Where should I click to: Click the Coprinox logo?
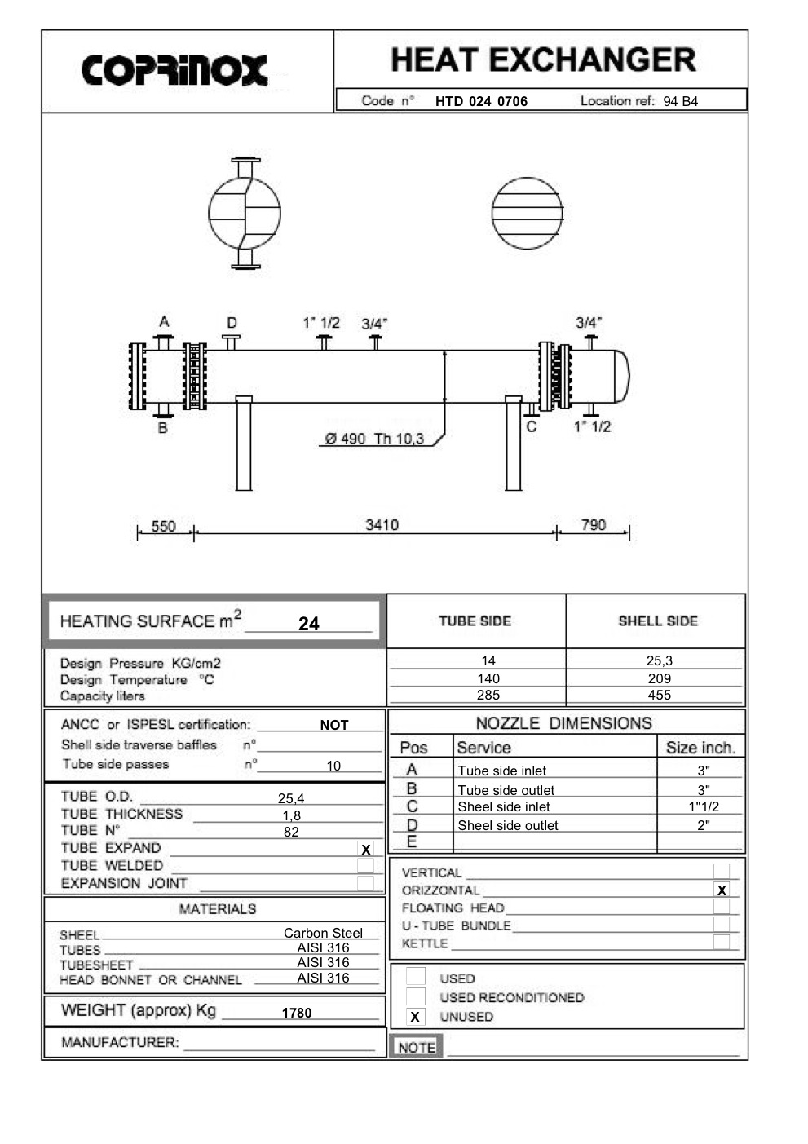[x=174, y=71]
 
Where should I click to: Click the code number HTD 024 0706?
[x=481, y=102]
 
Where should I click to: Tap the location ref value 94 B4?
[x=680, y=102]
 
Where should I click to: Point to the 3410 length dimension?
[x=382, y=525]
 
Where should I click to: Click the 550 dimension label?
[x=163, y=527]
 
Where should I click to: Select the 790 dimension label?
[x=593, y=525]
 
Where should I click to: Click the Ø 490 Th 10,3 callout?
[x=374, y=439]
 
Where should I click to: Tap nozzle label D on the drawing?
[x=232, y=323]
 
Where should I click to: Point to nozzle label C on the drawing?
[x=531, y=426]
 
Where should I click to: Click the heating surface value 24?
[x=308, y=624]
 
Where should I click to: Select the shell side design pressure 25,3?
[x=659, y=660]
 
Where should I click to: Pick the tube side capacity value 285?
[x=488, y=696]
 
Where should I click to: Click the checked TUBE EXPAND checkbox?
[x=365, y=850]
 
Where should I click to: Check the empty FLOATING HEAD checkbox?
[x=721, y=907]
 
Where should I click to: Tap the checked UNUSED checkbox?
[x=415, y=1017]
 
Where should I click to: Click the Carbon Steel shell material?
[x=323, y=933]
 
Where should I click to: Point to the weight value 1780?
[x=297, y=1013]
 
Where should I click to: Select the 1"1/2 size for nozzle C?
[x=703, y=806]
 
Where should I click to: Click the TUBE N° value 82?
[x=291, y=833]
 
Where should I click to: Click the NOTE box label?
[x=417, y=1047]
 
